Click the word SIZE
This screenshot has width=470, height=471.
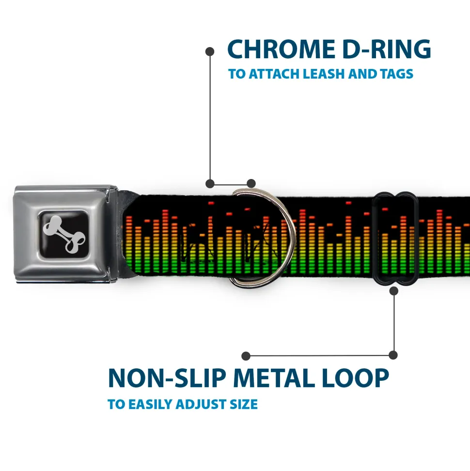[244, 404]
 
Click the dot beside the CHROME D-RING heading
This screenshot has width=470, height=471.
[210, 51]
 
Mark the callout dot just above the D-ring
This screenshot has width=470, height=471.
[251, 183]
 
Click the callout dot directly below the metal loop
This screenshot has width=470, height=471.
[393, 291]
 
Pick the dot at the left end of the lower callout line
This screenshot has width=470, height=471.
[246, 356]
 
